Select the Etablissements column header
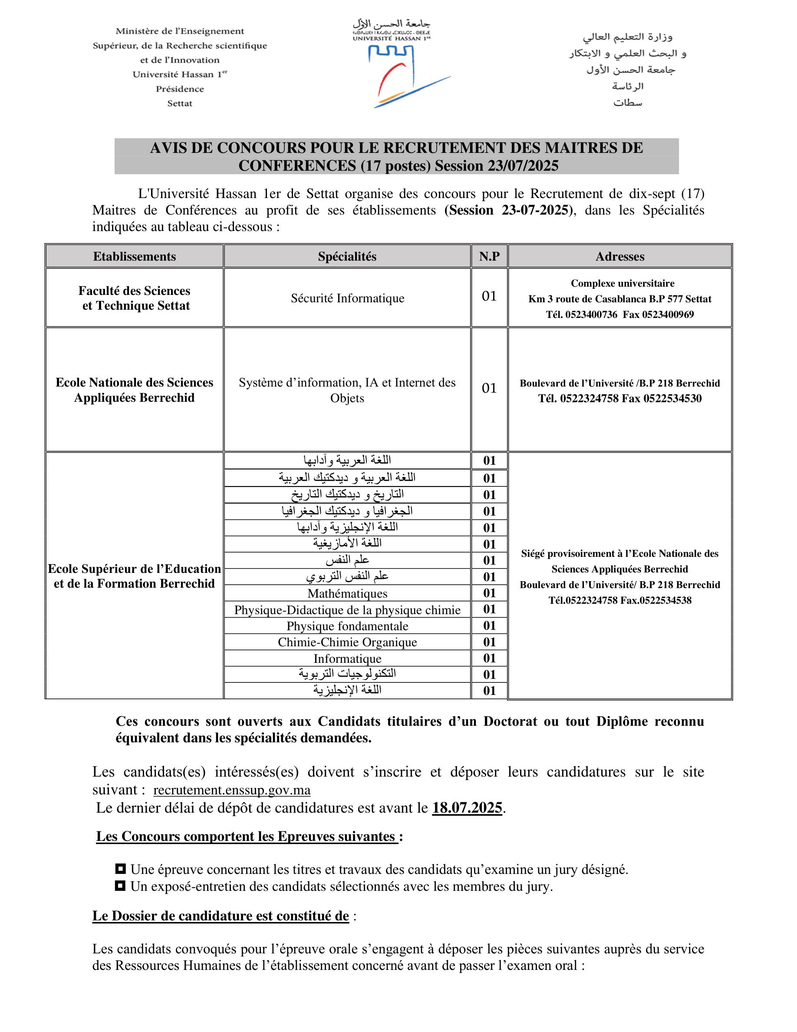[x=134, y=256]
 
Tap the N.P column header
[x=489, y=256]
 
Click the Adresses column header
[x=619, y=256]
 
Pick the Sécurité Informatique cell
[x=348, y=298]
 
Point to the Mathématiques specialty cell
[x=348, y=593]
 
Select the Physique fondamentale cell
[x=348, y=626]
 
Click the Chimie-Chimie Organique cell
[x=348, y=642]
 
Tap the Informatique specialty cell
[x=348, y=659]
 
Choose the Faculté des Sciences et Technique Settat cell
[x=135, y=298]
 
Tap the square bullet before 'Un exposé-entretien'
[x=120, y=886]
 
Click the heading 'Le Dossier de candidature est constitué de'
[x=221, y=916]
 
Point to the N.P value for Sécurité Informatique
[x=489, y=296]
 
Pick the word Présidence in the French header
[x=180, y=89]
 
